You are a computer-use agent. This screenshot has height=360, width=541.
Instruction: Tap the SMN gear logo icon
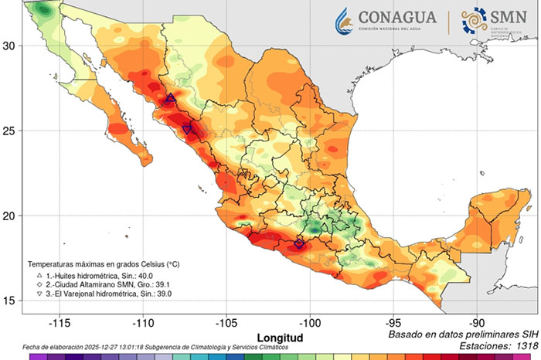[x=474, y=21]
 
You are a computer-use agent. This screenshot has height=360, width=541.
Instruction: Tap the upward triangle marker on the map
[x=171, y=98]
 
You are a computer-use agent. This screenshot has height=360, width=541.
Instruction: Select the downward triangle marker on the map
[x=188, y=130]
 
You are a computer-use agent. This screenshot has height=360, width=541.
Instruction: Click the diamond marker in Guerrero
[x=300, y=243]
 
